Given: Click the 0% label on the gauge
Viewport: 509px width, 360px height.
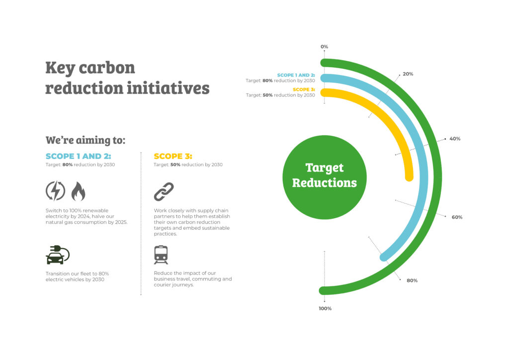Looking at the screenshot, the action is click(324, 47).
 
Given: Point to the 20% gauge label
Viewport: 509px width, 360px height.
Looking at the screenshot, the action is click(408, 74).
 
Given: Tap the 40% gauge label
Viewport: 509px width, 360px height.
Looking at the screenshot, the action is click(455, 139).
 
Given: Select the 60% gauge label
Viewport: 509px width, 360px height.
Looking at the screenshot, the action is click(457, 217).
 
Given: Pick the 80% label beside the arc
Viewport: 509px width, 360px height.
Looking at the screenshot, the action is click(412, 280).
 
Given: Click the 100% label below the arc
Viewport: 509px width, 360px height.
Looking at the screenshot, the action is click(325, 308).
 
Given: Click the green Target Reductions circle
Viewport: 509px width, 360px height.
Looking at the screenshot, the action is click(324, 177).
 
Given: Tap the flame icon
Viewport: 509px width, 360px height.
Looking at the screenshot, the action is click(78, 191).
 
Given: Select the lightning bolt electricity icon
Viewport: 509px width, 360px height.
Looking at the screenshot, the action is click(56, 191).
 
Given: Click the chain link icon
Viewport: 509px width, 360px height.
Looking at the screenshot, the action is click(164, 191).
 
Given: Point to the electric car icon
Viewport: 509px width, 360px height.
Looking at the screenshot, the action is click(58, 255).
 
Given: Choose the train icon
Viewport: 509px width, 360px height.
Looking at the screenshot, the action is click(161, 255).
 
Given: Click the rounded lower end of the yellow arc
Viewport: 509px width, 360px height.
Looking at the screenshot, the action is click(409, 177).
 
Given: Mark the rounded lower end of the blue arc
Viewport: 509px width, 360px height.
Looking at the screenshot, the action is click(384, 257).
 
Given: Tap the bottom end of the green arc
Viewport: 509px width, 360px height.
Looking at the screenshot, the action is click(323, 290).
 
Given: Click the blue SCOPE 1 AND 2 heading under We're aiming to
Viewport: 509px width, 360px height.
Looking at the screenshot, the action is click(78, 156).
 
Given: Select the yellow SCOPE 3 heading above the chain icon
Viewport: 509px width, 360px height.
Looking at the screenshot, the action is click(173, 156).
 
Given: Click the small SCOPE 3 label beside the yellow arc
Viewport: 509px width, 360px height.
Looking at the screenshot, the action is click(304, 90).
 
